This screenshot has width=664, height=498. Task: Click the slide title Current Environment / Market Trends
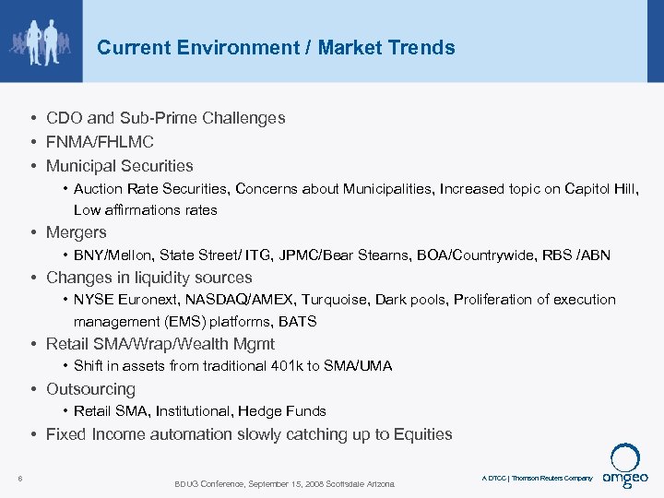click(276, 48)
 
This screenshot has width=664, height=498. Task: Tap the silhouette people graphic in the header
click(41, 41)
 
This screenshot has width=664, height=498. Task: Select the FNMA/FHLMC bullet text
click(100, 142)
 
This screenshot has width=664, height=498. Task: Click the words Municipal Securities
click(120, 166)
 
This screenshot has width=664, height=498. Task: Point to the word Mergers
click(77, 232)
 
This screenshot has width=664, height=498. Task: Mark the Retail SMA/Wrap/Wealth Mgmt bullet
click(160, 344)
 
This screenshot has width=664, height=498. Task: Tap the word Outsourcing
click(90, 389)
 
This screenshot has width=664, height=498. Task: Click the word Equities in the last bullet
click(422, 433)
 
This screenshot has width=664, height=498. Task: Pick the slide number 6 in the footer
click(20, 477)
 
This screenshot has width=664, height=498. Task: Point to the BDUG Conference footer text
click(284, 483)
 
